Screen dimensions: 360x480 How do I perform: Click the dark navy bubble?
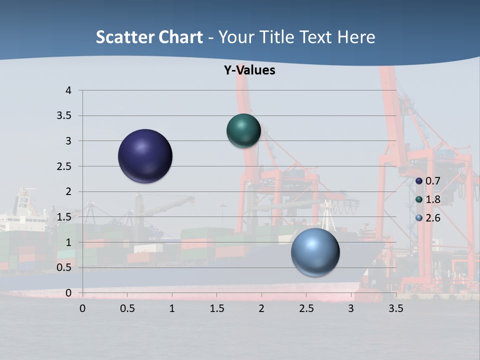[145, 156]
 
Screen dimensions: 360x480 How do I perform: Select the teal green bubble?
[243, 130]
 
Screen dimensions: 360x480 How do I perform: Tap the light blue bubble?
[315, 252]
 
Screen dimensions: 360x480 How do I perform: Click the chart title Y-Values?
[249, 70]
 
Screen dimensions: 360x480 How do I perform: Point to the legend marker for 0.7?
[419, 181]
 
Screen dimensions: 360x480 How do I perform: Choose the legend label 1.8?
[432, 199]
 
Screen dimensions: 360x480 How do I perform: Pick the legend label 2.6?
[432, 218]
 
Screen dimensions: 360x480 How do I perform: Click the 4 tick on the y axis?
[68, 90]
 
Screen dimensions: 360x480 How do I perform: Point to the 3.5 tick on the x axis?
[395, 308]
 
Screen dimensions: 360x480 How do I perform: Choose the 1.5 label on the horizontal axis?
[216, 308]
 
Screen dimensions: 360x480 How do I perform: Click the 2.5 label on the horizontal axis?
[306, 308]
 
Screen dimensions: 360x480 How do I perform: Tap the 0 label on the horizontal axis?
[82, 308]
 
